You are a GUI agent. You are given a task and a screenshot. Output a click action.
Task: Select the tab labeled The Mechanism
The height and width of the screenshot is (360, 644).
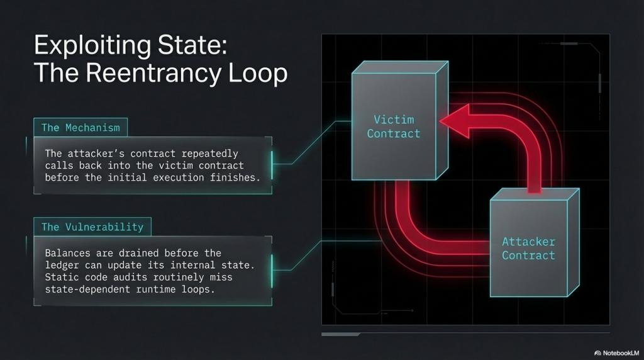pos(80,128)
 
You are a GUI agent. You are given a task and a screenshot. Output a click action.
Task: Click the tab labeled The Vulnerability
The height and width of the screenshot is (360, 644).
pos(92,227)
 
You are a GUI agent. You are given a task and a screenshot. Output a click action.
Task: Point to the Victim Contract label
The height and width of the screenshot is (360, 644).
pos(394,126)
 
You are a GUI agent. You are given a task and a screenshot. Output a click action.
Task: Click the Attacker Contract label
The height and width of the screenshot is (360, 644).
pos(528,249)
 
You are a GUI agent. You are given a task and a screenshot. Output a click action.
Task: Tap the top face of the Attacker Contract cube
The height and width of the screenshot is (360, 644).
pos(535,194)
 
